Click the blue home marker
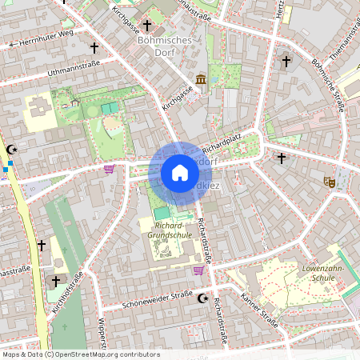coord(180,173)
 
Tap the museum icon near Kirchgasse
coord(199,79)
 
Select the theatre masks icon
coord(328,182)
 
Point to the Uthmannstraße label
coord(74,70)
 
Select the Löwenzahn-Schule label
coord(323,273)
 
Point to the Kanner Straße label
coord(258,312)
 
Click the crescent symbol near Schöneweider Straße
coord(202,298)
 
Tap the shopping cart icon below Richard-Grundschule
coord(198,270)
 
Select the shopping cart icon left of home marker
coord(109,168)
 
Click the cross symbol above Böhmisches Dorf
coord(146,26)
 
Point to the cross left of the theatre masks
coord(281,158)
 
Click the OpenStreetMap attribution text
coord(81,354)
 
